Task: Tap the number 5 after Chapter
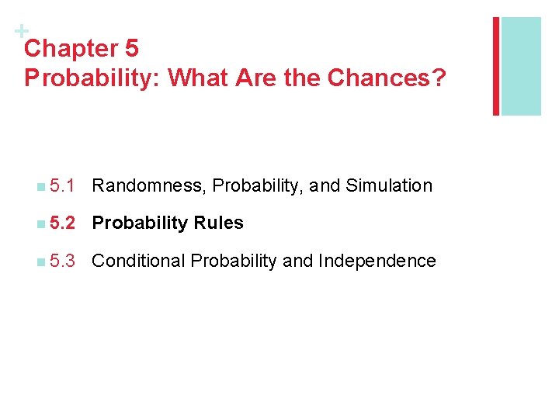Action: pos(130,49)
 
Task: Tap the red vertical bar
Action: pos(495,66)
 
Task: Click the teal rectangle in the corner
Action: pos(521,66)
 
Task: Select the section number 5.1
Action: pos(61,185)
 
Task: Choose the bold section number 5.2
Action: pos(61,223)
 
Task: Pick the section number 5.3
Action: pos(61,261)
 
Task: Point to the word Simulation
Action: pos(389,185)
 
